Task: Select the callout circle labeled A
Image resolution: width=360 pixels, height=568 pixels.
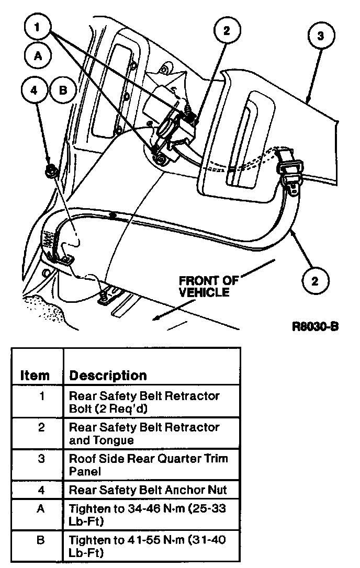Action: pyautogui.click(x=37, y=57)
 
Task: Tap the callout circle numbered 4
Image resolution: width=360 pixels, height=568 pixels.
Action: pyautogui.click(x=35, y=90)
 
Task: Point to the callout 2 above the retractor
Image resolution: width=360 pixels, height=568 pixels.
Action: pyautogui.click(x=226, y=31)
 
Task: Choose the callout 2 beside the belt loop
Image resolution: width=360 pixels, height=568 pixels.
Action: pyautogui.click(x=314, y=281)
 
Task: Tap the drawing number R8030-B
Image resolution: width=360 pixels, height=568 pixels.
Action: pyautogui.click(x=316, y=327)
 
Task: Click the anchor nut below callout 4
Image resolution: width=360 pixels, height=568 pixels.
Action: pyautogui.click(x=52, y=169)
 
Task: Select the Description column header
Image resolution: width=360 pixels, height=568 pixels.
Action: pyautogui.click(x=108, y=375)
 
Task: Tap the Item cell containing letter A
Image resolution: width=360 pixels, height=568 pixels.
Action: pyautogui.click(x=42, y=508)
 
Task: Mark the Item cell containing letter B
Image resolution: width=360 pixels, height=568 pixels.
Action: pyautogui.click(x=42, y=540)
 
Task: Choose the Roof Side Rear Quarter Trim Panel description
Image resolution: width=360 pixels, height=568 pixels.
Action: pyautogui.click(x=148, y=464)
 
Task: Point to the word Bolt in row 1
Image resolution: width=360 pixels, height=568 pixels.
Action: pyautogui.click(x=80, y=408)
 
